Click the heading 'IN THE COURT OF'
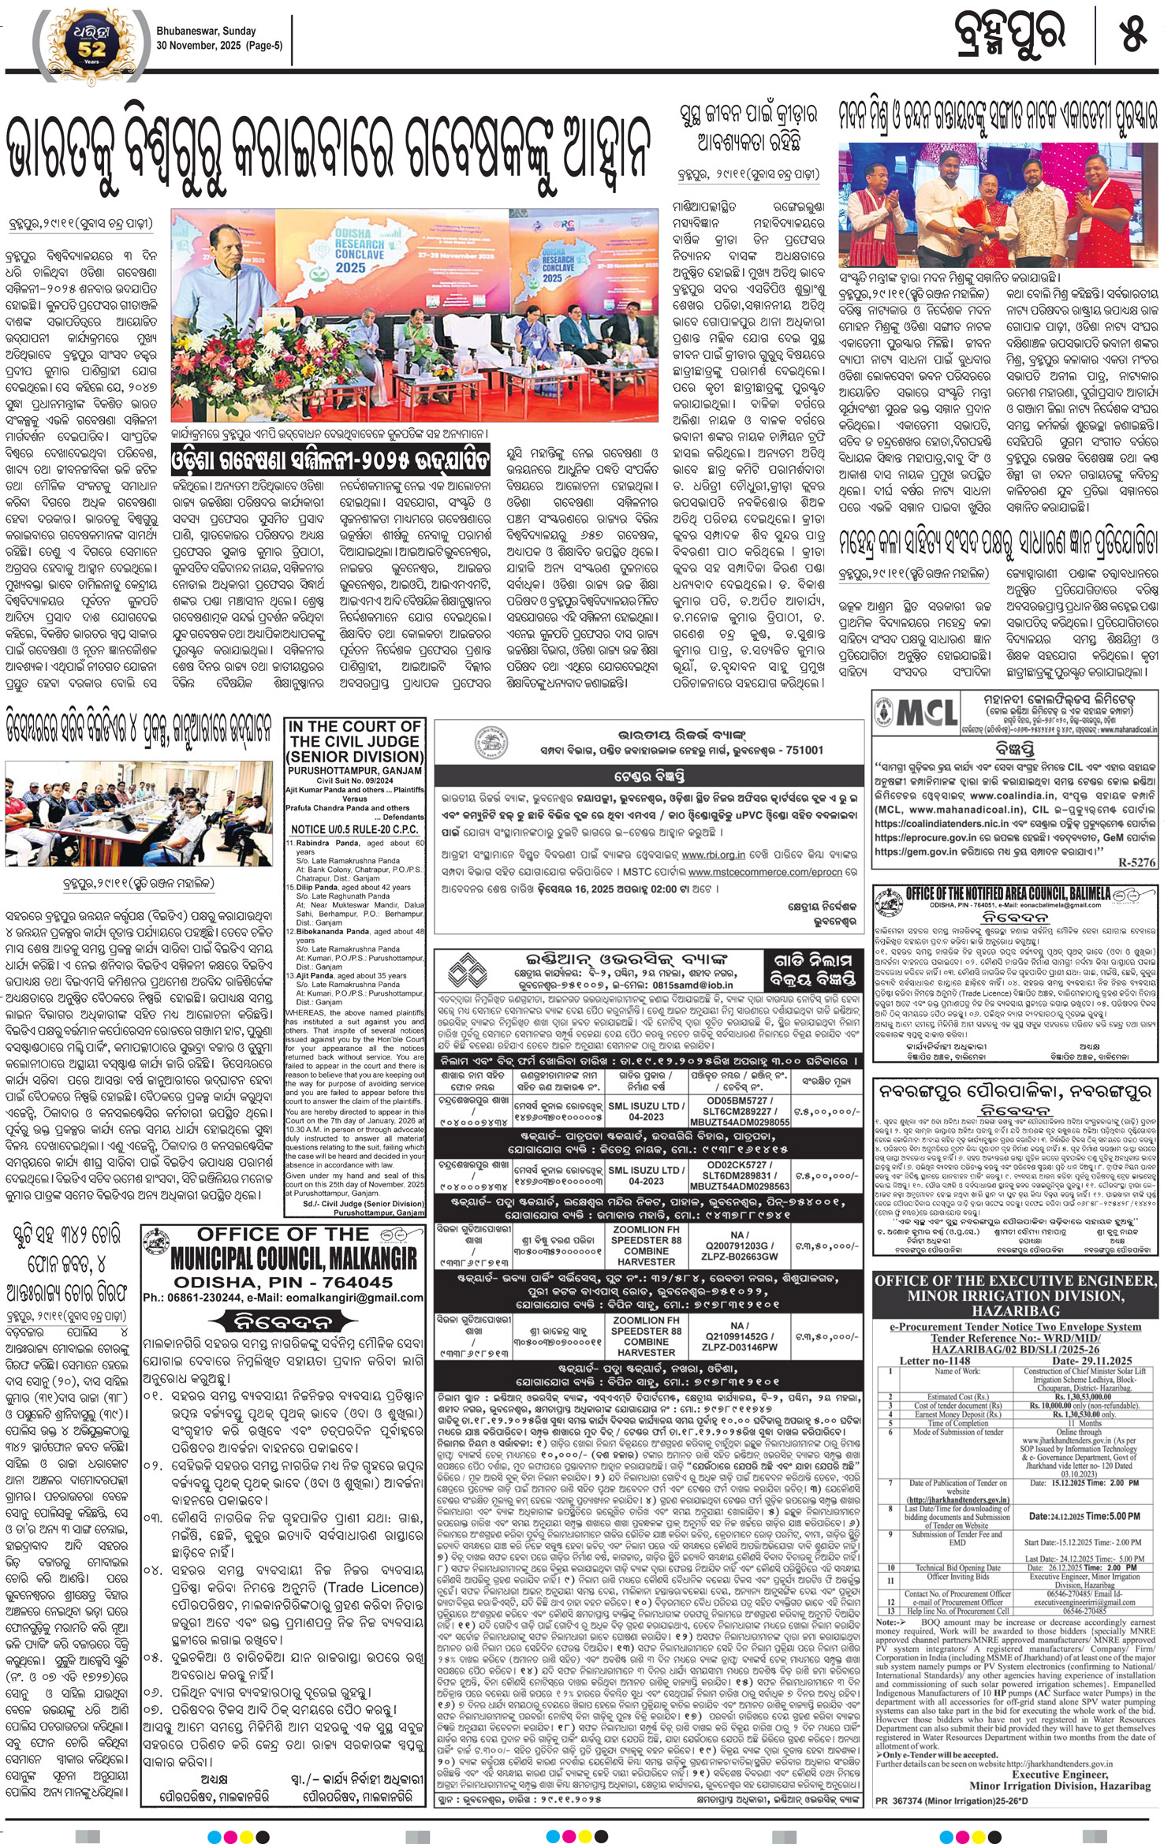click(354, 726)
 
